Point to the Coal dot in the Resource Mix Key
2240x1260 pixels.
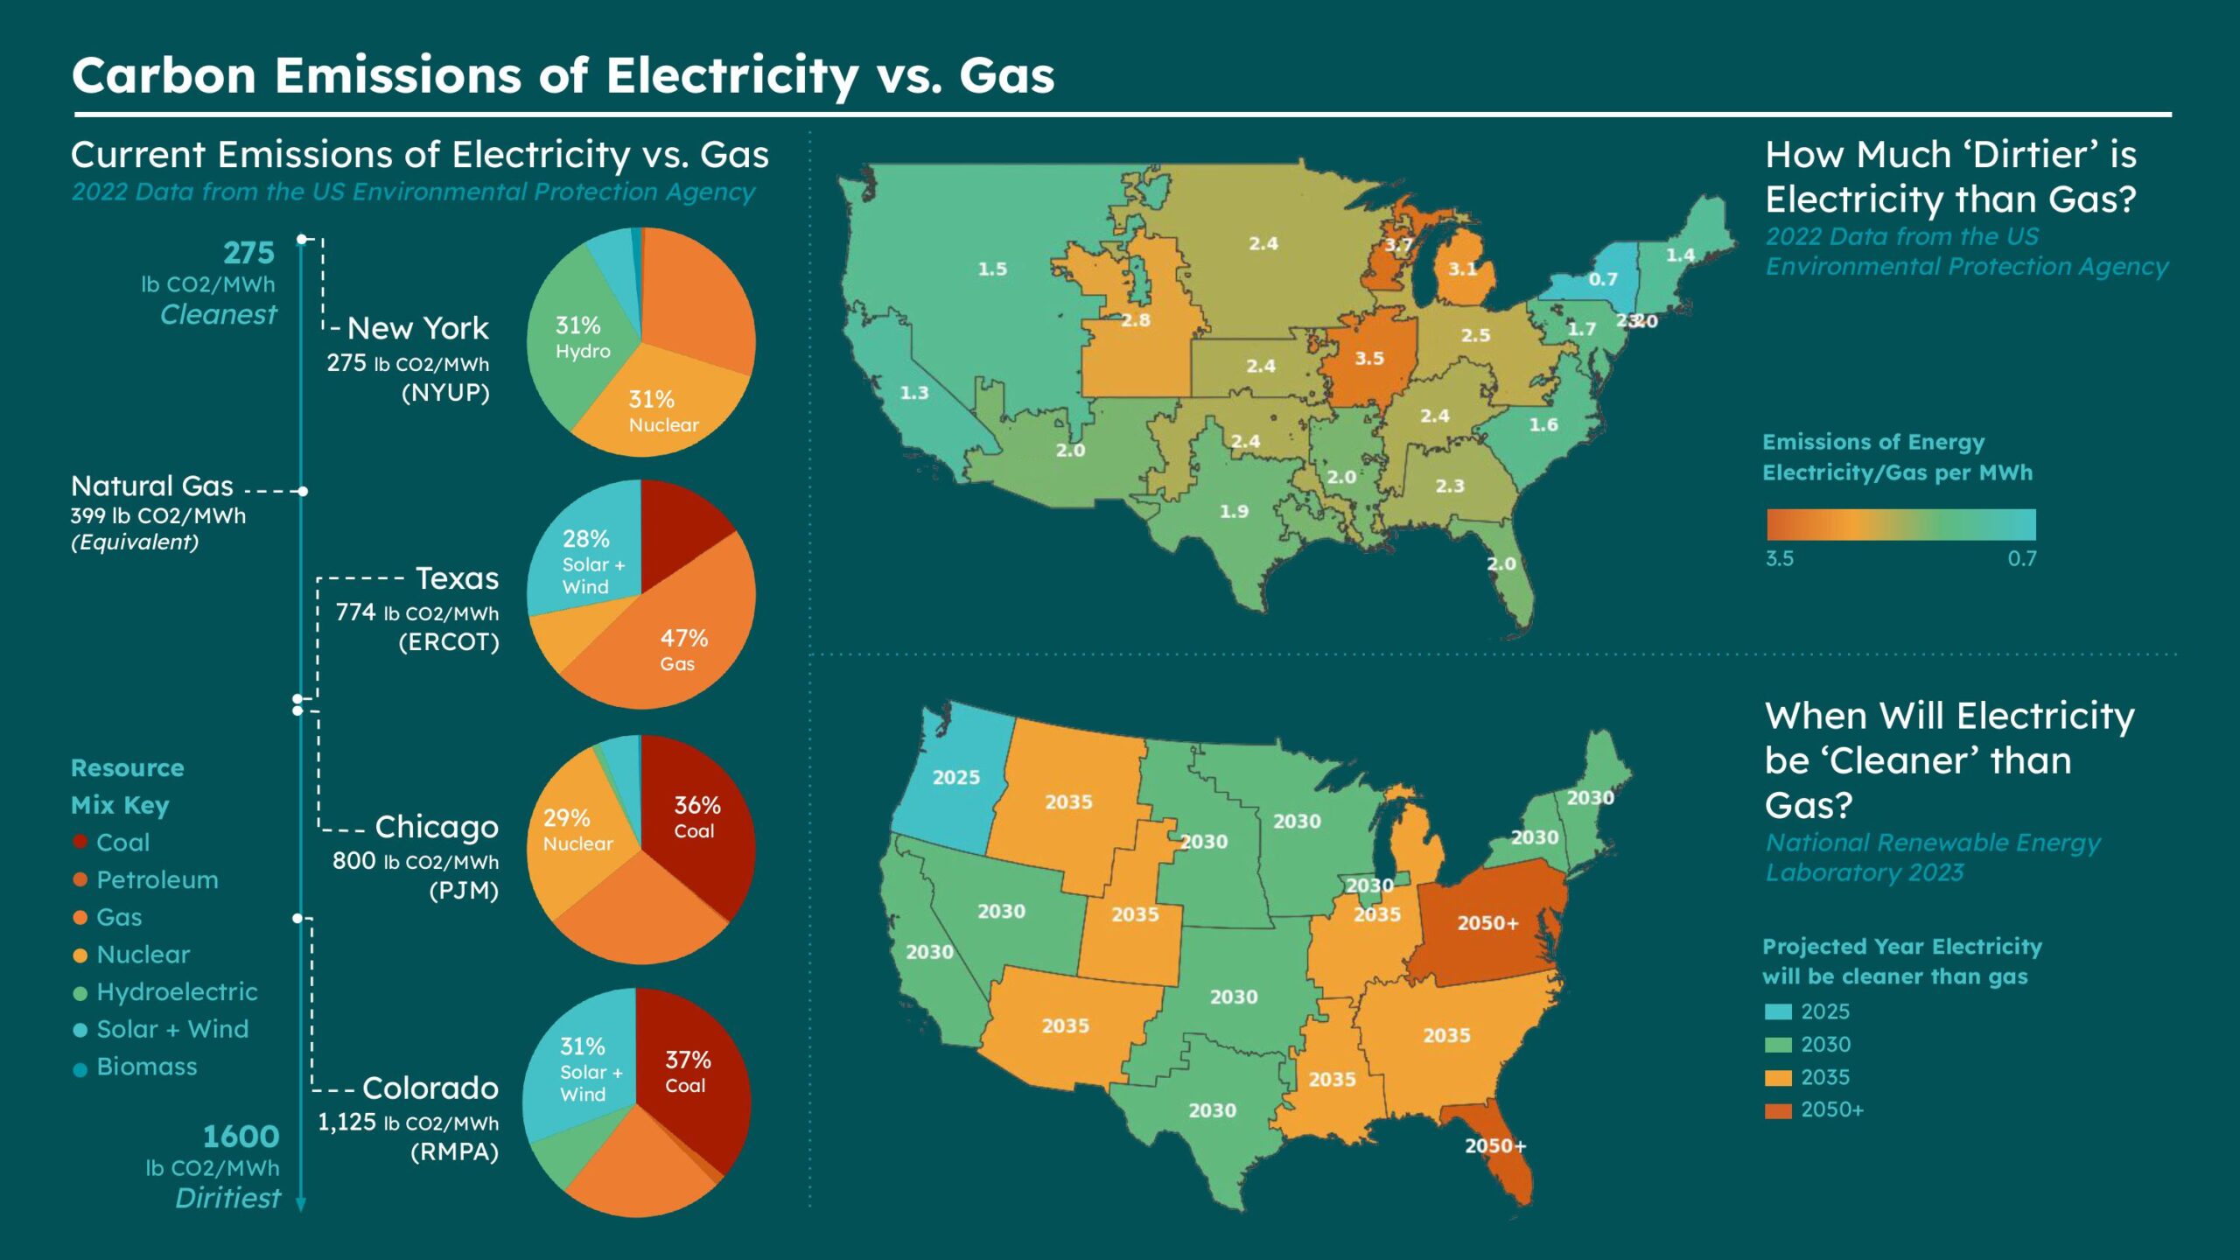click(80, 842)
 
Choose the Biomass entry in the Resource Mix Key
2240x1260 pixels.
click(146, 1067)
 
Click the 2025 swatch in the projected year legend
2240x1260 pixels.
click(1778, 1011)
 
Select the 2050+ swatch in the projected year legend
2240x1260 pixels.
click(1778, 1110)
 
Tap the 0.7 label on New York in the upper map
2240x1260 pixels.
click(1603, 279)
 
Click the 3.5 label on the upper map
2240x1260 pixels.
click(1369, 359)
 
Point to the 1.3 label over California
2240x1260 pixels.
click(914, 393)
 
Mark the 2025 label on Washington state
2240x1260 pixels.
click(955, 777)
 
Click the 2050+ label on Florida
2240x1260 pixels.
click(1495, 1146)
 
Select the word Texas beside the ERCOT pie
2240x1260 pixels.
click(457, 578)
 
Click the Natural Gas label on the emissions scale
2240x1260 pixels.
click(152, 486)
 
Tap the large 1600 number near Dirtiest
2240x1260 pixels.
click(241, 1137)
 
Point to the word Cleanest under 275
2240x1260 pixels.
click(218, 314)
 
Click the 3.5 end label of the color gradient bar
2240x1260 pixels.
click(1779, 558)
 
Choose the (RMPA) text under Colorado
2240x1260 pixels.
click(454, 1151)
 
